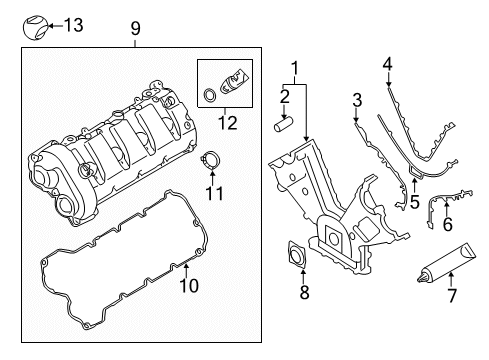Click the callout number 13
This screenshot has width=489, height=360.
(x=72, y=25)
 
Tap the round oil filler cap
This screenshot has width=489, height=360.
(x=35, y=25)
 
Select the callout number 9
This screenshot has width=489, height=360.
(x=137, y=30)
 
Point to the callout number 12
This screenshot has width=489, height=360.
(x=228, y=124)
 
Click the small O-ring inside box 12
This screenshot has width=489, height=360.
(x=209, y=96)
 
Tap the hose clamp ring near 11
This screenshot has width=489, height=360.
(x=209, y=157)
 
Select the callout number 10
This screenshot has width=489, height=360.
(x=188, y=287)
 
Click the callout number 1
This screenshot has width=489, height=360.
(x=294, y=69)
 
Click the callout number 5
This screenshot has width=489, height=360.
(x=414, y=201)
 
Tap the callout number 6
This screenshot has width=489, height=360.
(x=447, y=226)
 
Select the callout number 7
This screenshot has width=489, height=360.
(x=451, y=297)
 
